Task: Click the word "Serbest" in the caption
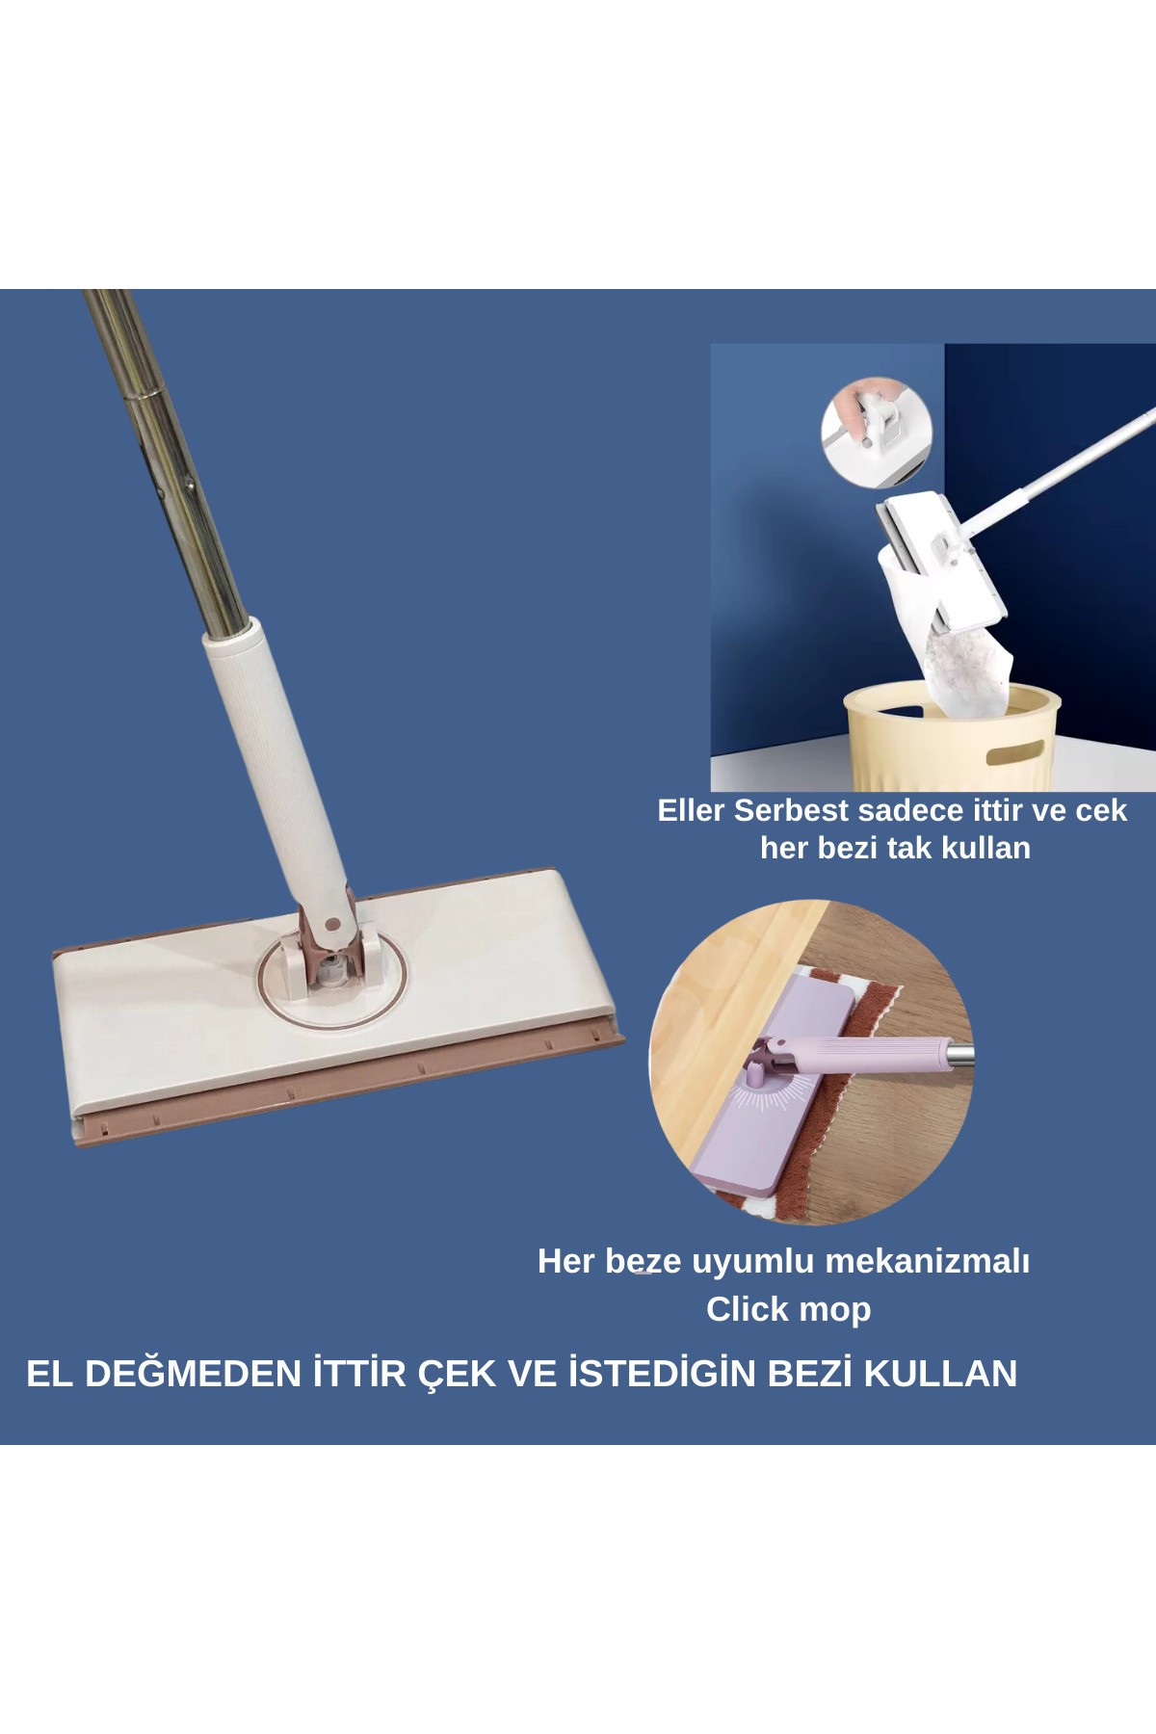(791, 810)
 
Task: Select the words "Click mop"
(789, 1309)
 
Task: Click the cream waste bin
(953, 737)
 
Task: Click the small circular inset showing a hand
(877, 432)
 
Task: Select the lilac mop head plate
(771, 1089)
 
